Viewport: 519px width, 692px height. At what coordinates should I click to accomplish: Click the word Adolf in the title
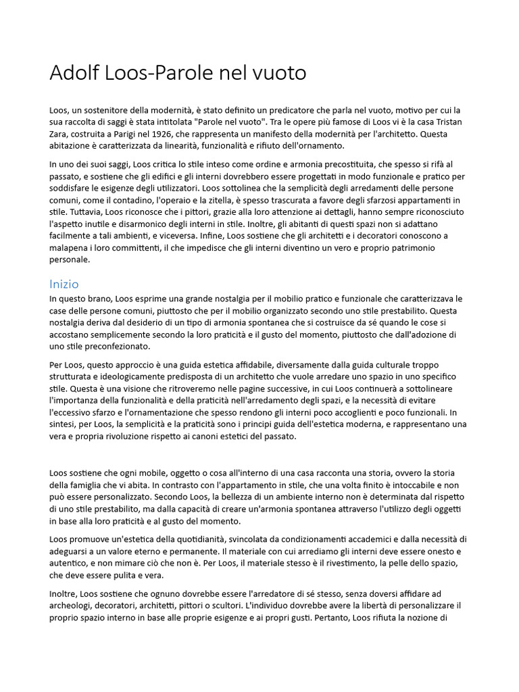(70, 72)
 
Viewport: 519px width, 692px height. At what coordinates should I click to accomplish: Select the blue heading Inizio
(64, 284)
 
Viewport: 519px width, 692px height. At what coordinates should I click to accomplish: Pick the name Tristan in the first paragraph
(444, 122)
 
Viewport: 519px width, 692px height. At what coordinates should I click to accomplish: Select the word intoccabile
(380, 485)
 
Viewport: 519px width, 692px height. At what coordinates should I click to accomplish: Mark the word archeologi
(73, 605)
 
